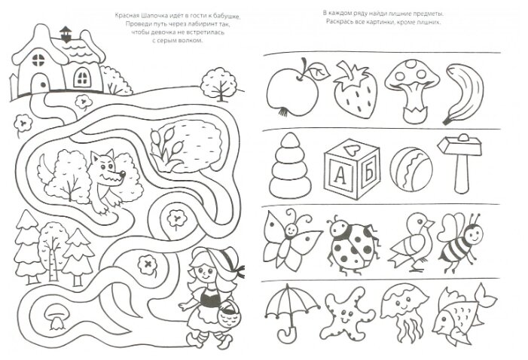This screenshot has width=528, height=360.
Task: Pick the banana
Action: point(464,94)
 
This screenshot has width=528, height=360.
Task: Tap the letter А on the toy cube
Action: point(340,175)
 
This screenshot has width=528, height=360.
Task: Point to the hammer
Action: point(459,163)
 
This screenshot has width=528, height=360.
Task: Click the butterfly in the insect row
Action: point(290,239)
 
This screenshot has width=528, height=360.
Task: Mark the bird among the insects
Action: point(410,242)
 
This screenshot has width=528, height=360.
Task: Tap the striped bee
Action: point(460,242)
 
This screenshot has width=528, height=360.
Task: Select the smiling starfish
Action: point(346,314)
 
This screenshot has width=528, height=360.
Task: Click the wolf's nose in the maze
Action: point(123,174)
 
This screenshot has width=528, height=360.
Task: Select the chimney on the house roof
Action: point(66,34)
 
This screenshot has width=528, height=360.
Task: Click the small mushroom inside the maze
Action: point(56,316)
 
